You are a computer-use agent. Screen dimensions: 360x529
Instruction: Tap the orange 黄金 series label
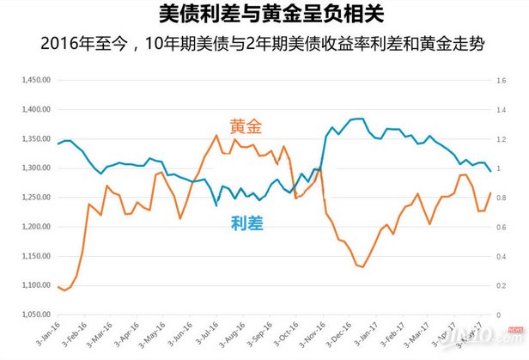coord(246,126)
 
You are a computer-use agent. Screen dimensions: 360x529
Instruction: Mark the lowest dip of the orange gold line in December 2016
coord(362,266)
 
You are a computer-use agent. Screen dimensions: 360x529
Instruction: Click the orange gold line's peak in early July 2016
coord(216,135)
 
